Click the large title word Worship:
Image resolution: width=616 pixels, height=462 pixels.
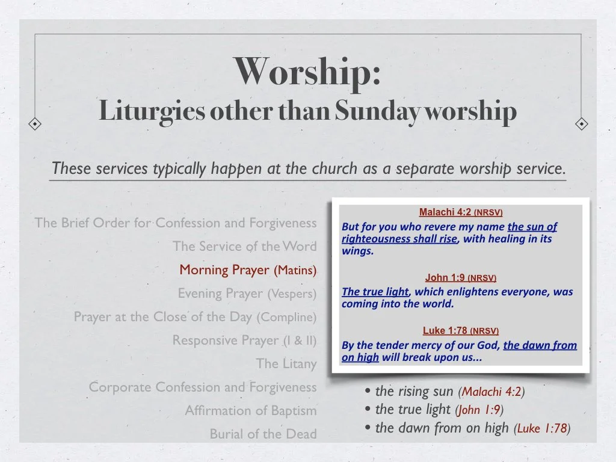click(307, 72)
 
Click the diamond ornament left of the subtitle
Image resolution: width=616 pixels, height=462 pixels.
click(36, 125)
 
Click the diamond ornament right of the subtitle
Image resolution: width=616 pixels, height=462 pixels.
click(581, 125)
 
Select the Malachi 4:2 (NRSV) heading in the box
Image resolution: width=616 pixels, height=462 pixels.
click(461, 212)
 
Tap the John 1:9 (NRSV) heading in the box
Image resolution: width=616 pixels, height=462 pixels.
click(461, 278)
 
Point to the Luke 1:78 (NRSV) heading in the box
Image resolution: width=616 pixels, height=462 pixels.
click(461, 331)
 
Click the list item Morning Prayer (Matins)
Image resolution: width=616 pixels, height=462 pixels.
click(248, 270)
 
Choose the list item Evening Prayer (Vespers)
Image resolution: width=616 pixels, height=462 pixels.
click(247, 294)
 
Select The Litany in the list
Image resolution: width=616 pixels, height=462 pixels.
click(286, 364)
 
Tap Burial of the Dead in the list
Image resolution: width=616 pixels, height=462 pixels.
click(263, 434)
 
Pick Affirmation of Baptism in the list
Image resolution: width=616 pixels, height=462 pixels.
click(251, 411)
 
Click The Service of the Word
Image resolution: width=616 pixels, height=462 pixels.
click(244, 247)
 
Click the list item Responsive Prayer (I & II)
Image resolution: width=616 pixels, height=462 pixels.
click(244, 340)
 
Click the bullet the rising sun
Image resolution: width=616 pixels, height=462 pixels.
click(414, 392)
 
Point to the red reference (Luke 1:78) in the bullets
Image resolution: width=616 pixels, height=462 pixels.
click(542, 429)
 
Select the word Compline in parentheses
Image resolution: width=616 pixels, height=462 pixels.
click(286, 317)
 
